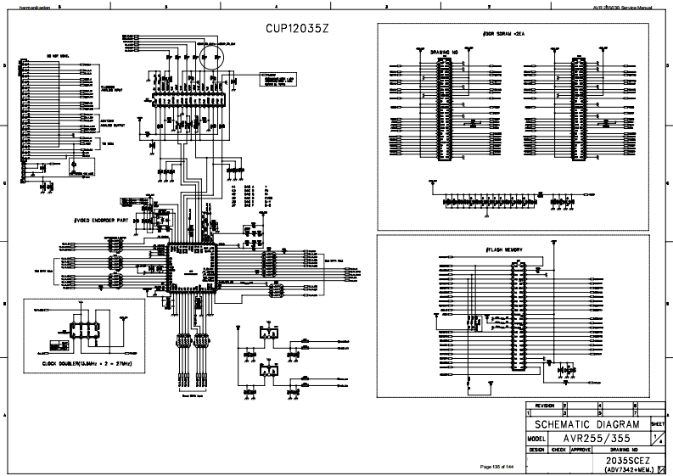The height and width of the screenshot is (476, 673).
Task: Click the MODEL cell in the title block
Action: [x=536, y=439]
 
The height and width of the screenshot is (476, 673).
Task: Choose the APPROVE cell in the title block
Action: [x=580, y=450]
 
